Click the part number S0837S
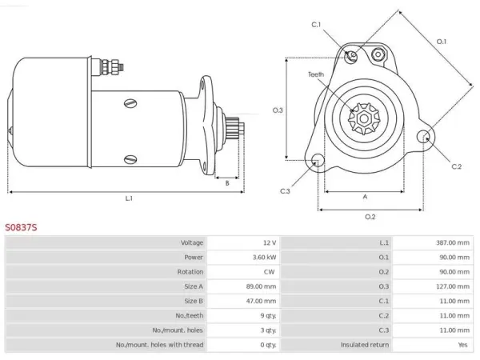[21, 227]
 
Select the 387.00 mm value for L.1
[453, 242]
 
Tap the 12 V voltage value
[270, 242]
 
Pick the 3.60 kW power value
[264, 257]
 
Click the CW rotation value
[269, 272]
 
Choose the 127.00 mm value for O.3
[453, 286]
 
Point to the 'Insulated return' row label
[365, 345]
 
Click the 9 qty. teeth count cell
[268, 316]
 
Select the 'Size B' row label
[194, 301]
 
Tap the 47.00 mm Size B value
[261, 302]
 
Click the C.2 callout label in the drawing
[456, 166]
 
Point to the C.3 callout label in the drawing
[285, 191]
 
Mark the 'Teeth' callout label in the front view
[316, 74]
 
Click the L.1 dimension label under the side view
[129, 198]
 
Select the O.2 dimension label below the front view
[370, 217]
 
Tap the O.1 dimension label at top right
[441, 42]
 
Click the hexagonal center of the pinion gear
[364, 118]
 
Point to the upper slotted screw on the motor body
[130, 103]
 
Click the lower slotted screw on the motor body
[130, 159]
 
